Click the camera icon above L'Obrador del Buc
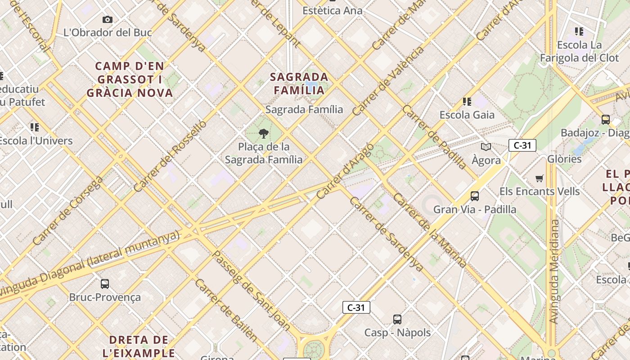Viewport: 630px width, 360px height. coord(107,19)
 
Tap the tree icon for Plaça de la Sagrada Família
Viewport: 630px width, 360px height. coord(264,133)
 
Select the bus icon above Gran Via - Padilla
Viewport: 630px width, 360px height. coord(474,196)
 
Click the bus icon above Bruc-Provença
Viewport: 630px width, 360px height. coord(104,284)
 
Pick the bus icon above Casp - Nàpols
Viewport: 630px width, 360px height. coord(397,319)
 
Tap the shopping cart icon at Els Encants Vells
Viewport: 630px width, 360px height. coord(539,178)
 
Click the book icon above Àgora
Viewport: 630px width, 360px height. coord(486,147)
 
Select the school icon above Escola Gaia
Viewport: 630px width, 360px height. coord(467,102)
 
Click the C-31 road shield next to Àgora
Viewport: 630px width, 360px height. coord(522,145)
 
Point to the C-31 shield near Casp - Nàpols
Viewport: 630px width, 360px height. coord(356,307)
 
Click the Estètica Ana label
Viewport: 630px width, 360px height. coord(332,10)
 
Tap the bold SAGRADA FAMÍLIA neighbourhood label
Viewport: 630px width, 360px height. coord(299,83)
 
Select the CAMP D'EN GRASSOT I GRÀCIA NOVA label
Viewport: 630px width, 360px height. coord(130,80)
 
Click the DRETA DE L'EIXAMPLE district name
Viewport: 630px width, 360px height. coord(139,346)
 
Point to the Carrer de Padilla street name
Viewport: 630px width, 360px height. coord(434,137)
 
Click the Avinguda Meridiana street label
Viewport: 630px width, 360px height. coord(554,271)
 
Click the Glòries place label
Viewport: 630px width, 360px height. coord(564,159)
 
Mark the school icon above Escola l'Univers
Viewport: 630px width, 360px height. coord(34,127)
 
